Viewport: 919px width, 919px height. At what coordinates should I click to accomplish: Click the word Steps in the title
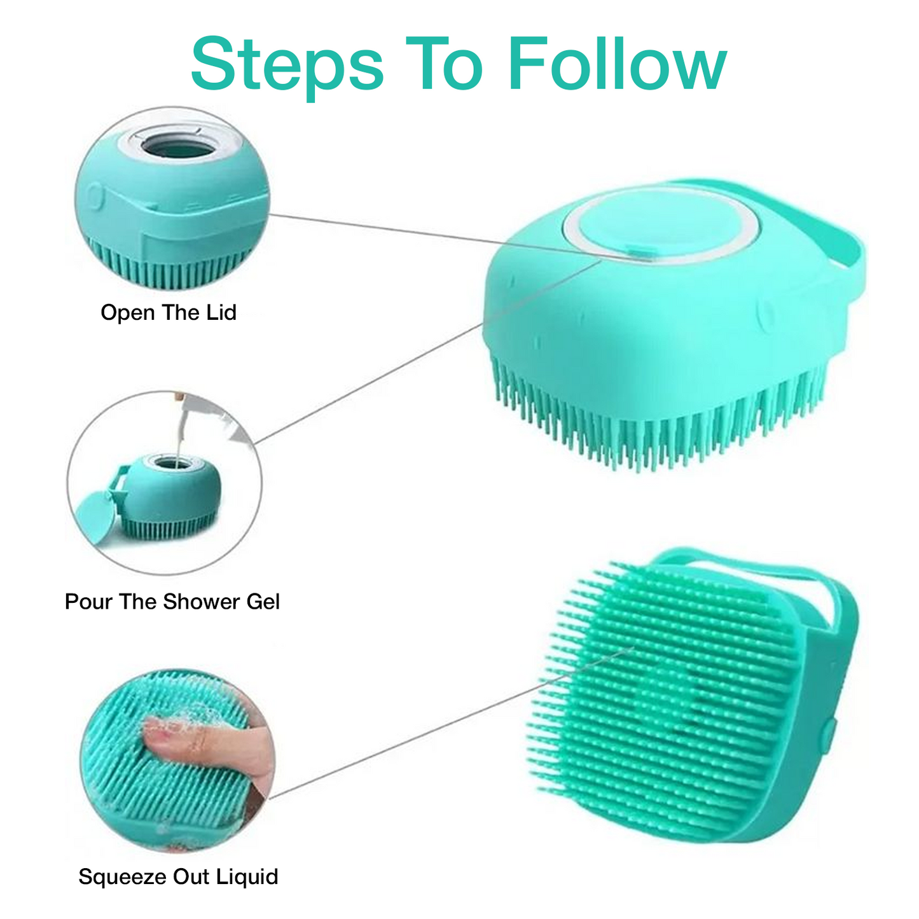click(x=287, y=67)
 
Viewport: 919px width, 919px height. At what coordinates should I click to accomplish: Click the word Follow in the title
click(x=617, y=64)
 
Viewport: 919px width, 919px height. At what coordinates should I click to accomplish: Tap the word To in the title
click(x=445, y=64)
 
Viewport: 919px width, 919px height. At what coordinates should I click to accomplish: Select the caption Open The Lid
click(x=169, y=312)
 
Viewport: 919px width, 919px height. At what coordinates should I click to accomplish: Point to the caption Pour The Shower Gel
click(x=172, y=602)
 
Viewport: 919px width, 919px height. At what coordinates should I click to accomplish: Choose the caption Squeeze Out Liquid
click(x=178, y=876)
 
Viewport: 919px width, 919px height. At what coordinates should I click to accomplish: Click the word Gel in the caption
click(x=263, y=602)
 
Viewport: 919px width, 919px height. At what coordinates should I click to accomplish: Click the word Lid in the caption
click(x=221, y=312)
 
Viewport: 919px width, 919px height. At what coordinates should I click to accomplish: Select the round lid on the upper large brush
click(x=660, y=226)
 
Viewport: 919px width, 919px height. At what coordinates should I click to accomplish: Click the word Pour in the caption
click(x=89, y=602)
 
